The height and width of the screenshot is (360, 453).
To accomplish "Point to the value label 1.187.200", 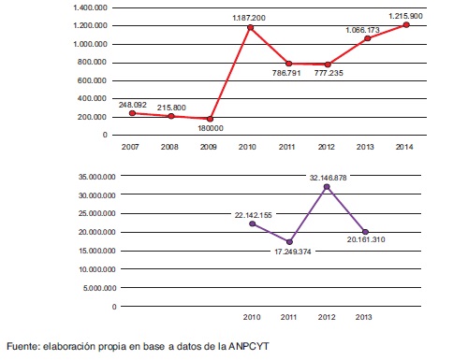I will [x=249, y=18].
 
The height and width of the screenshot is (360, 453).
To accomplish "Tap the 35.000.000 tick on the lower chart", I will [x=94, y=177].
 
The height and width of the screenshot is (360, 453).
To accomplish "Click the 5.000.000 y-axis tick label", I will [x=96, y=287].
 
